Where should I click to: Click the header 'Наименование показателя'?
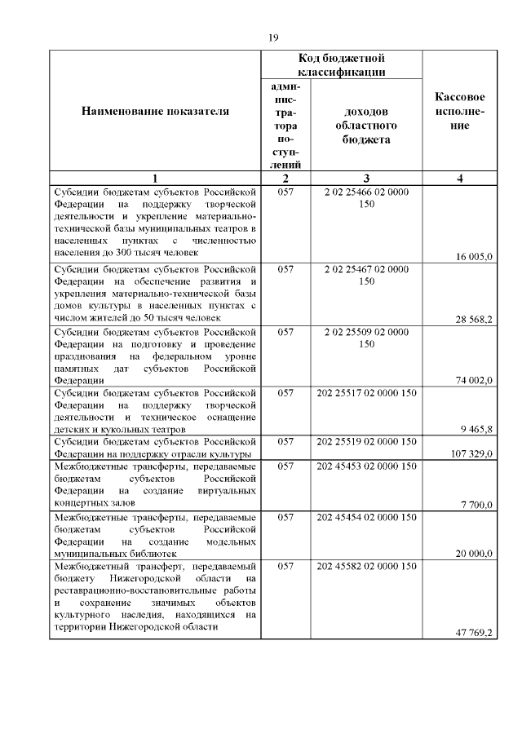click(x=155, y=111)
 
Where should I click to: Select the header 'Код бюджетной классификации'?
click(x=341, y=65)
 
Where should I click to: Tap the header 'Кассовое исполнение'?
click(x=461, y=111)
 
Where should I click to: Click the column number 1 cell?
click(x=155, y=179)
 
